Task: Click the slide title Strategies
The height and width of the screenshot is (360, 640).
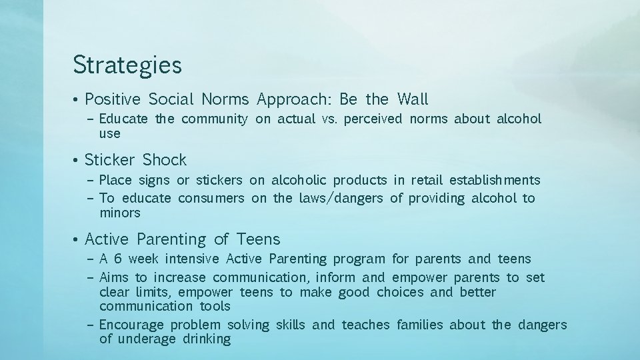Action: [x=127, y=65]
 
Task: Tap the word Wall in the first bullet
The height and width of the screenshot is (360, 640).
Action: [x=413, y=99]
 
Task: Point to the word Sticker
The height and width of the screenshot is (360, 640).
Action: [x=110, y=160]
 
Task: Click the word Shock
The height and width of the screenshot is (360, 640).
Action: [x=165, y=160]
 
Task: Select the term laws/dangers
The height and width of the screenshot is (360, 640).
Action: [x=341, y=198]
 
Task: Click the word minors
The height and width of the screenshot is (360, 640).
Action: [x=120, y=213]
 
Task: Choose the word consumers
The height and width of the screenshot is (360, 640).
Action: [x=211, y=198]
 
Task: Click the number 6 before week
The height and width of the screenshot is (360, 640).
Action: [x=117, y=259]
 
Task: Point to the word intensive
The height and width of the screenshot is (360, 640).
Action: [x=192, y=259]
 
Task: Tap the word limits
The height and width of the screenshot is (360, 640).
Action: [x=152, y=292]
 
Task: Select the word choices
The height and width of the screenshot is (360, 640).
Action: [x=400, y=292]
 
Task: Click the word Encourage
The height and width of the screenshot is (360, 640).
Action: [x=132, y=325]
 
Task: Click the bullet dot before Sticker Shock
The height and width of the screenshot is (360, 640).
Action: [x=77, y=161]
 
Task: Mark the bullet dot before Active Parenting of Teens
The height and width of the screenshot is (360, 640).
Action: [x=77, y=239]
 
